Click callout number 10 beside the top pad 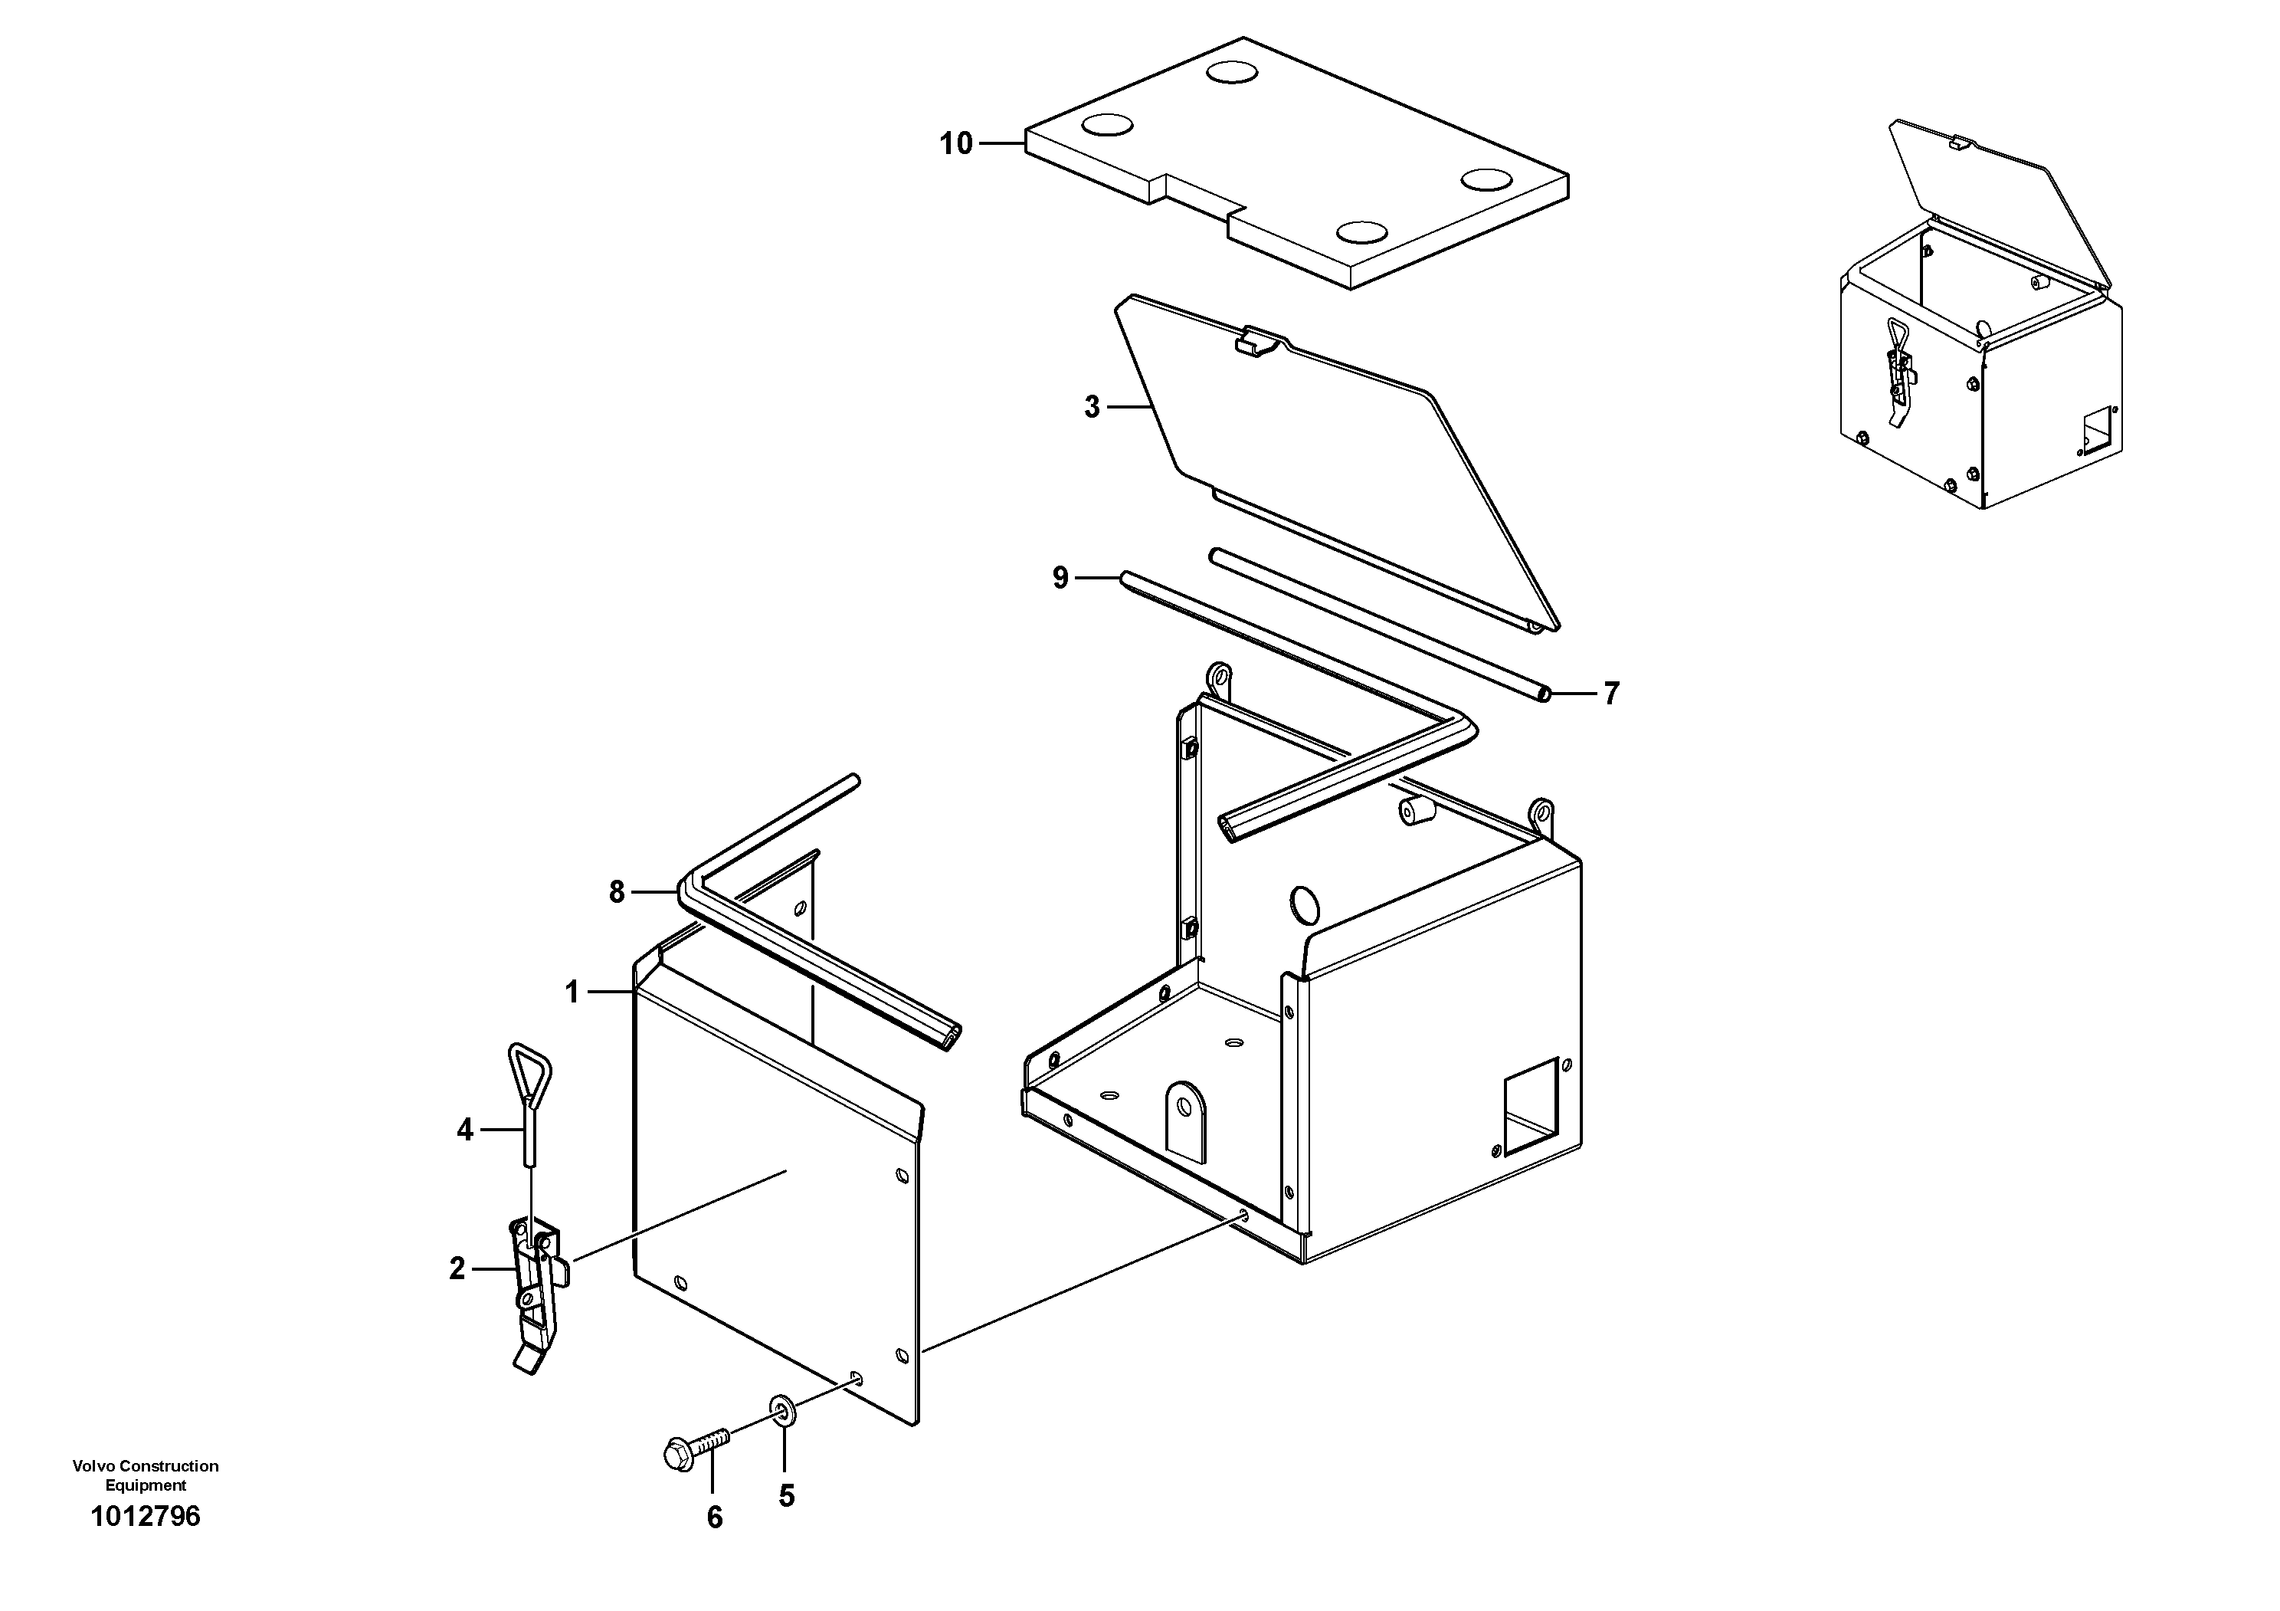pos(956,144)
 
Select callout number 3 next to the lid pos(1091,407)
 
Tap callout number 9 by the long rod pos(1060,577)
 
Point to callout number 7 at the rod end pos(1610,694)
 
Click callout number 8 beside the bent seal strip pos(617,893)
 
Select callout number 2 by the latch pos(457,1268)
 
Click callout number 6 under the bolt pos(714,1517)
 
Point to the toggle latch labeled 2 pos(536,1291)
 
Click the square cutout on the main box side pos(1530,1105)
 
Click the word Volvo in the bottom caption pos(93,1466)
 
